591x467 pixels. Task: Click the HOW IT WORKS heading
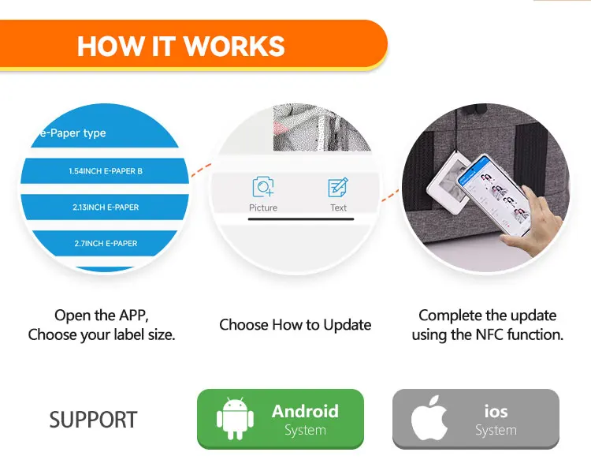[180, 45]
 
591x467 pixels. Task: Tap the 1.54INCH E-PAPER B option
[106, 171]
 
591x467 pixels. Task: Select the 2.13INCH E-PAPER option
[106, 207]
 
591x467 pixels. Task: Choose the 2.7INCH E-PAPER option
[106, 244]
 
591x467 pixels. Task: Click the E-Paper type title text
[72, 133]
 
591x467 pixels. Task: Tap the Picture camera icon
[262, 188]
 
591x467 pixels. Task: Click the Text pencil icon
[338, 188]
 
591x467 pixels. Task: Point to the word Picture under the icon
[262, 207]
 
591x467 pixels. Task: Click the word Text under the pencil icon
[338, 207]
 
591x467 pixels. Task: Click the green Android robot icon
[234, 419]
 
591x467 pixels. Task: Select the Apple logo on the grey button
[430, 419]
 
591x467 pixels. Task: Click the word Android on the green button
[305, 411]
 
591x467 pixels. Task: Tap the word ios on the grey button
[496, 411]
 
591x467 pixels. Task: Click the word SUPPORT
[93, 420]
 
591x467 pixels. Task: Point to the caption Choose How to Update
[295, 325]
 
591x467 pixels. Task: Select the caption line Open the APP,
[101, 316]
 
